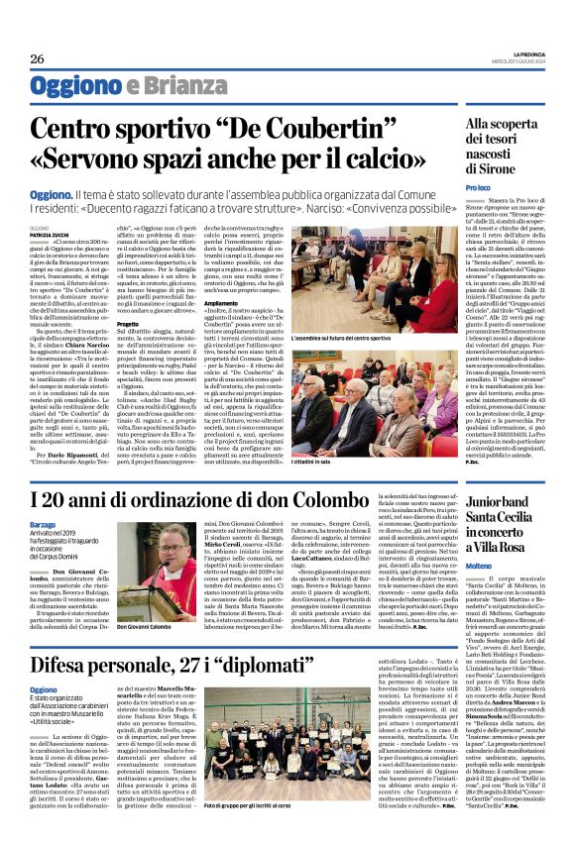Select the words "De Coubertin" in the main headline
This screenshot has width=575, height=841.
[x=280, y=129]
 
